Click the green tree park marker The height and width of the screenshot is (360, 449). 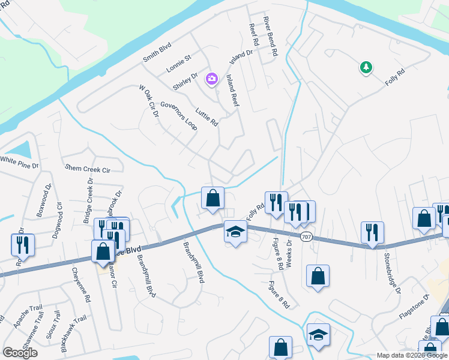pos(366,67)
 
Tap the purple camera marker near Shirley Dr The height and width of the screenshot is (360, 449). pos(211,78)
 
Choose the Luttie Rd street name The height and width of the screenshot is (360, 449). pos(207,116)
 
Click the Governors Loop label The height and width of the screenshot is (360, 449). pos(175,115)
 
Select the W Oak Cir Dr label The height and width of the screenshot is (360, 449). pos(148,101)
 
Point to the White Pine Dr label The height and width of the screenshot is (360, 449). pos(19,161)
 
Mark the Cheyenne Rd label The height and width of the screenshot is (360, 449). pos(80,285)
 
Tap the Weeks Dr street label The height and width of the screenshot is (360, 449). pos(289,254)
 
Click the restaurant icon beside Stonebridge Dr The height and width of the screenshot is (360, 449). pos(372,232)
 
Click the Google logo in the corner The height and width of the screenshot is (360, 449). pos(20,353)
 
